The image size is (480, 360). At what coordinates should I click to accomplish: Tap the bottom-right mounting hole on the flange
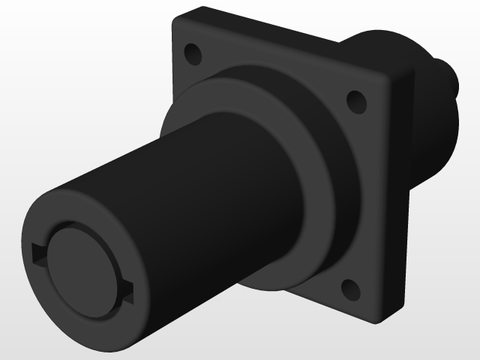(x=349, y=288)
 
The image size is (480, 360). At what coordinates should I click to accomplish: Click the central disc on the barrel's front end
(x=82, y=269)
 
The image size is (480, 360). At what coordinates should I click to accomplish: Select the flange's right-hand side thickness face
(x=401, y=195)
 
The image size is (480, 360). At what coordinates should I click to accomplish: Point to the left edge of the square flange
(x=174, y=75)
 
